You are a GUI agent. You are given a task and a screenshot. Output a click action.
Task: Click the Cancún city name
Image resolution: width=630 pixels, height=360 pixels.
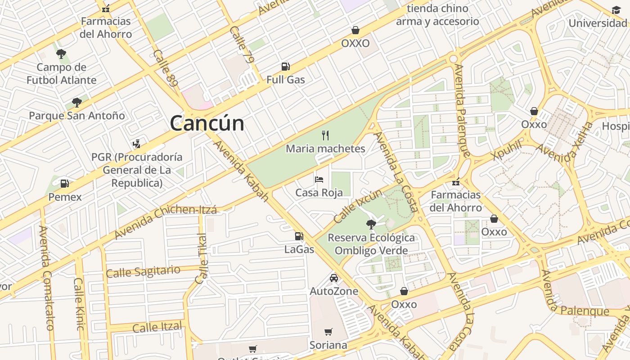(x=207, y=123)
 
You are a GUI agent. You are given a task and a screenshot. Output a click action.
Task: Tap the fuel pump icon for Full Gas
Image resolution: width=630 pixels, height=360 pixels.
(x=285, y=67)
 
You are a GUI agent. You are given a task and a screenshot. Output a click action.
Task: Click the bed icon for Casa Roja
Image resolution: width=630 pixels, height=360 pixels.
(x=319, y=180)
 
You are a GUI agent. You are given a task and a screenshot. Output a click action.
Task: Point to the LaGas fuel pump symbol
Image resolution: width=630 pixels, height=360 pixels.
(x=299, y=236)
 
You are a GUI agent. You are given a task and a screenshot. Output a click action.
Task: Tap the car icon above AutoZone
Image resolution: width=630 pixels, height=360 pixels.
(x=334, y=278)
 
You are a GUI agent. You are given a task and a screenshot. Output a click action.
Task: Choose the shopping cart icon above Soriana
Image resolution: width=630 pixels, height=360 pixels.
(x=328, y=332)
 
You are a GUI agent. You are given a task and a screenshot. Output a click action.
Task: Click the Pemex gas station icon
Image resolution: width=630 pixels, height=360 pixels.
(x=65, y=184)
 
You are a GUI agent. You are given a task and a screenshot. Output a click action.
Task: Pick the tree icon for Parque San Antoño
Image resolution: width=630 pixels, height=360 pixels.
(x=77, y=103)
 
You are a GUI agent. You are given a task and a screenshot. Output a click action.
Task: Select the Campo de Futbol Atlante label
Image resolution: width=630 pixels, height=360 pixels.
(x=62, y=74)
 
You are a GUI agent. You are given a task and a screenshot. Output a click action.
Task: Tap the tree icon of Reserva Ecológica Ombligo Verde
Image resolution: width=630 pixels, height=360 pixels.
(x=371, y=224)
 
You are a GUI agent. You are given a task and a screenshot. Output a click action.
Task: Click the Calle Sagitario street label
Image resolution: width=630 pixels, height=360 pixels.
(x=143, y=271)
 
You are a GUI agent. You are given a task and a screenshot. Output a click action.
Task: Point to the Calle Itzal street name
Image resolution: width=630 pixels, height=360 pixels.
(x=157, y=327)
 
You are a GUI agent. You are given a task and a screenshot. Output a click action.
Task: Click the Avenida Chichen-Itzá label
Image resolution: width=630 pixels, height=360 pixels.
(x=165, y=222)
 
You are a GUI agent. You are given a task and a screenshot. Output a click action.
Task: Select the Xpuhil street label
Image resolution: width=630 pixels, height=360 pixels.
(x=507, y=149)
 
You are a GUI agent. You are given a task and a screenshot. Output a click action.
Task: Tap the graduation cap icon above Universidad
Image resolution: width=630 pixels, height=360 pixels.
(x=616, y=10)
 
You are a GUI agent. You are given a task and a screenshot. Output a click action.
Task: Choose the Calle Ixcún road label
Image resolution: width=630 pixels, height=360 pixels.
(x=358, y=206)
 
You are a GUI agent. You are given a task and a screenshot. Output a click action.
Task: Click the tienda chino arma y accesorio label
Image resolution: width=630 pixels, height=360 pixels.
(x=437, y=15)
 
